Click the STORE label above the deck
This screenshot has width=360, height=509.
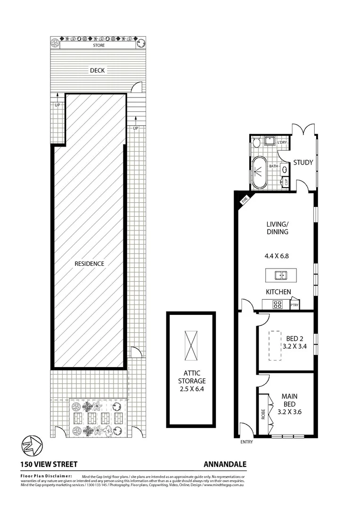click(x=98, y=45)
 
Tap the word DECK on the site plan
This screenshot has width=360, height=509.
click(x=97, y=71)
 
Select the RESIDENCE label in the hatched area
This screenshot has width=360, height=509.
click(x=89, y=263)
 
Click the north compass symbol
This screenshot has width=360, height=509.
click(x=32, y=445)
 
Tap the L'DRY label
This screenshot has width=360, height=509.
click(x=282, y=142)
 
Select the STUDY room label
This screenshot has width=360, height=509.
click(x=303, y=163)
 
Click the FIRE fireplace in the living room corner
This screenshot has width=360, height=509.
click(x=245, y=200)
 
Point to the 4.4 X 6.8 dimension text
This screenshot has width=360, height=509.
click(x=277, y=256)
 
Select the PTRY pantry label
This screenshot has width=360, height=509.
click(x=295, y=305)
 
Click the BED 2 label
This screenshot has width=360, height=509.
click(x=295, y=337)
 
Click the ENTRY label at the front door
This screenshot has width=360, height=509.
click(x=246, y=442)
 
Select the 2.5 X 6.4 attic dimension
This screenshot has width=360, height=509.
click(x=191, y=389)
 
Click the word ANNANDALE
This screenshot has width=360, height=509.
click(x=225, y=464)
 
